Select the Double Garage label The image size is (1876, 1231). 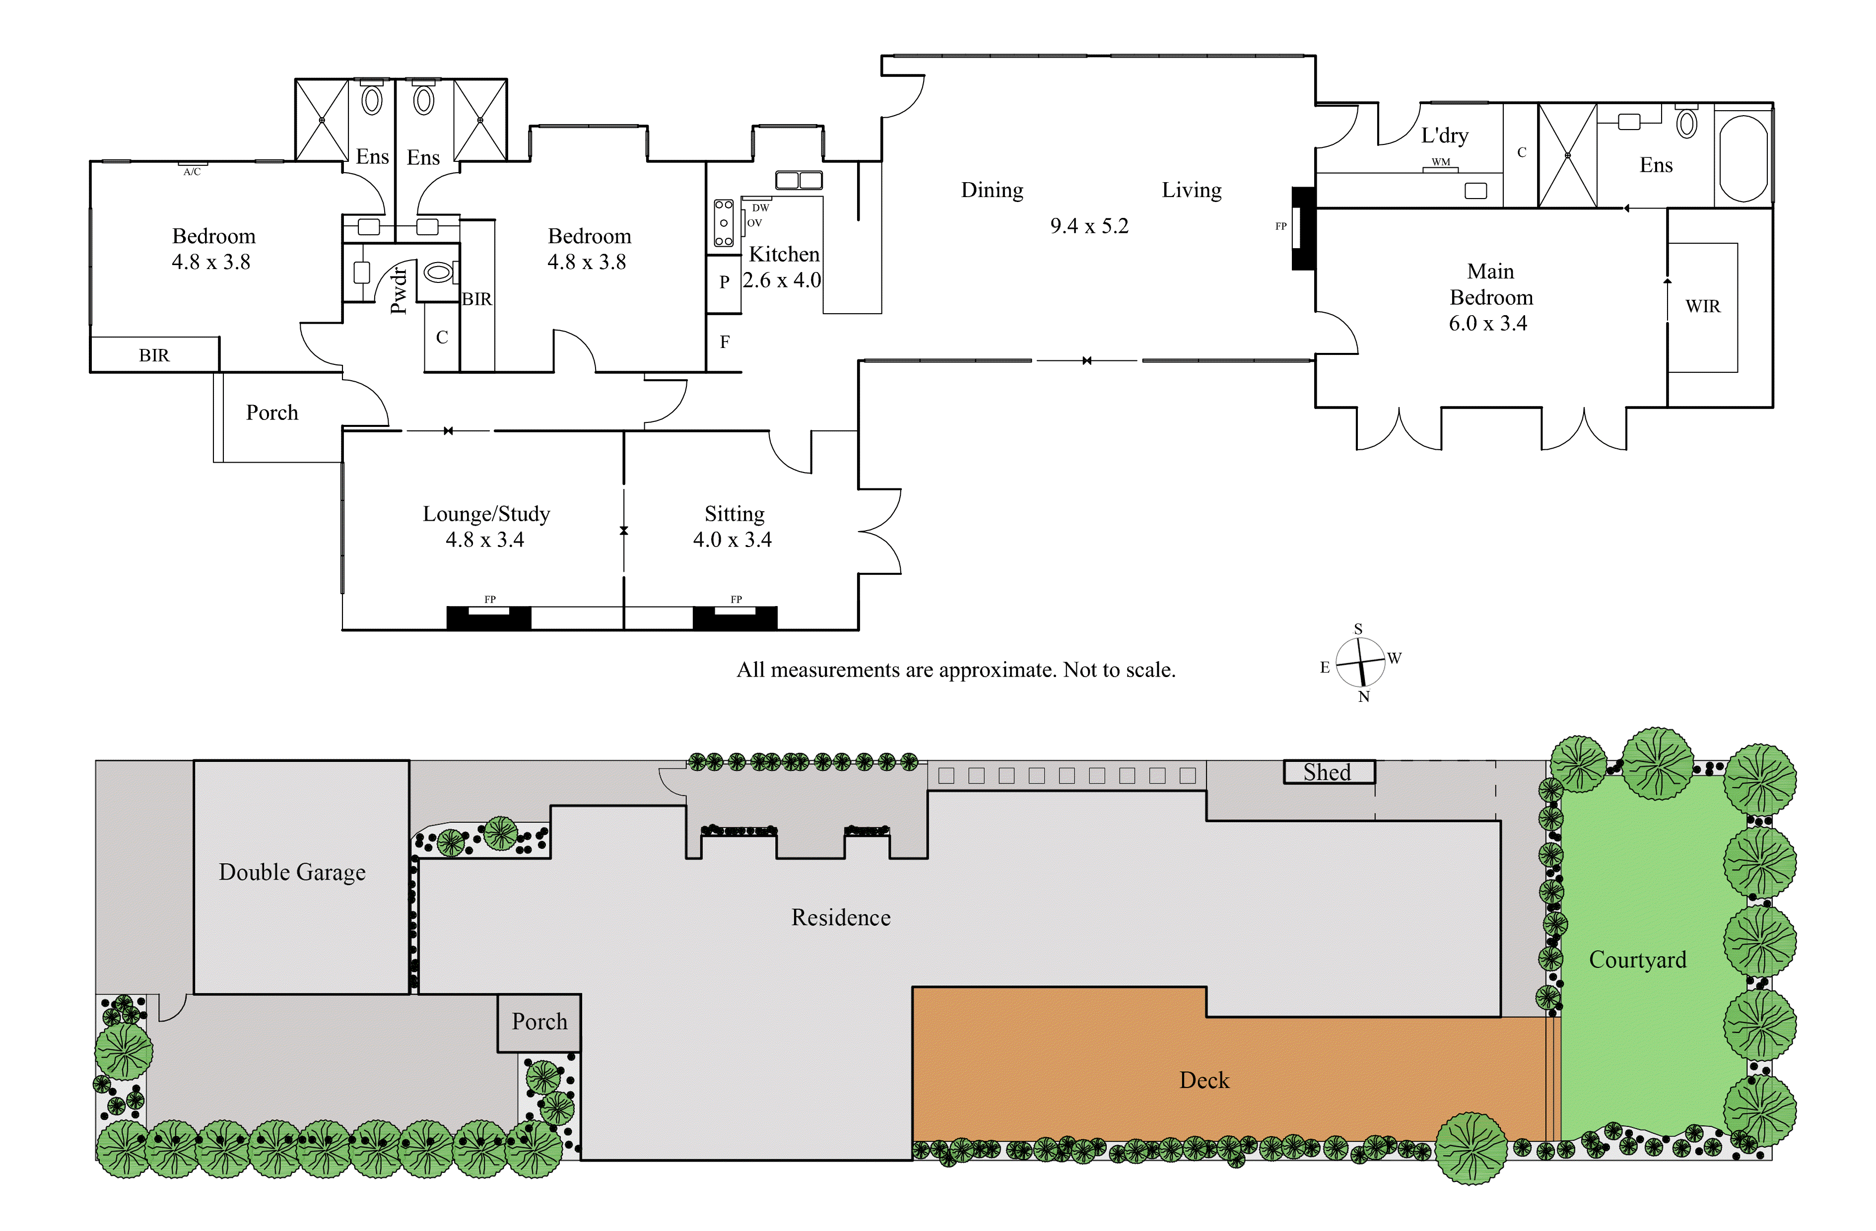(x=292, y=872)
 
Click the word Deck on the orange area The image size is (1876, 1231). (x=1204, y=1081)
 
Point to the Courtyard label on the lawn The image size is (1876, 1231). (x=1637, y=959)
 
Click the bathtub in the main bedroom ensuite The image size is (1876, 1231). (x=1743, y=158)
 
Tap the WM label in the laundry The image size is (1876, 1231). (x=1440, y=162)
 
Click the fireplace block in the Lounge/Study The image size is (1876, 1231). (x=489, y=617)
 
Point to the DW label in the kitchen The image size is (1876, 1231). (x=760, y=208)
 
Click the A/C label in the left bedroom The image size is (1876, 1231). (x=192, y=172)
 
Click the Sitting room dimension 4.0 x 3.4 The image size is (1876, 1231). (x=732, y=540)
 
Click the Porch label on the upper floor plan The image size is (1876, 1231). (x=272, y=413)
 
